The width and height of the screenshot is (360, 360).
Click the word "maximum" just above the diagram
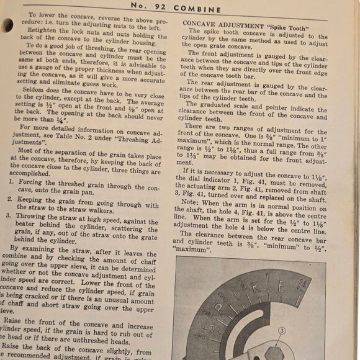point(192,250)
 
